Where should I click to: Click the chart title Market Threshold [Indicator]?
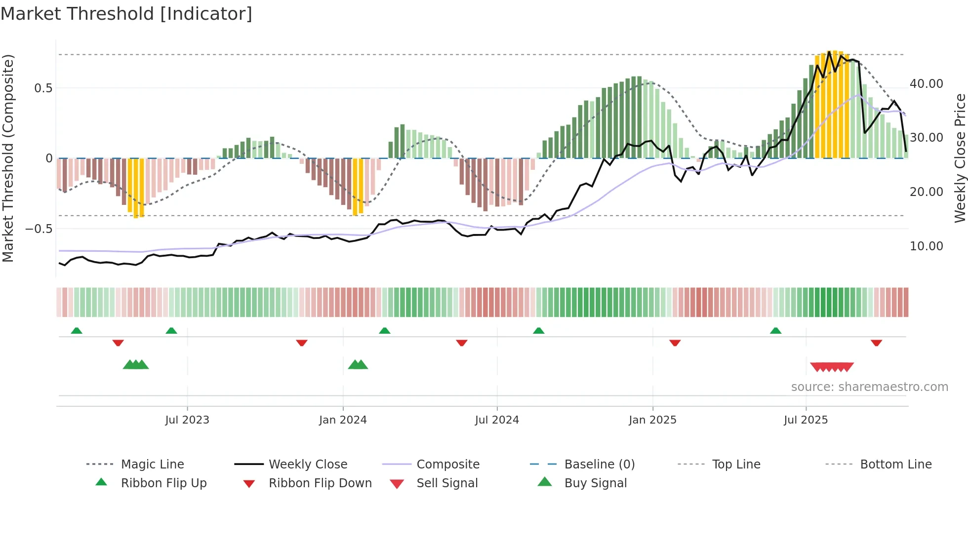pyautogui.click(x=126, y=14)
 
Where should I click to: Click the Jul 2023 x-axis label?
pyautogui.click(x=187, y=420)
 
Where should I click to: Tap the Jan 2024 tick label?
pyautogui.click(x=343, y=420)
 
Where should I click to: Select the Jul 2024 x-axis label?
pyautogui.click(x=497, y=420)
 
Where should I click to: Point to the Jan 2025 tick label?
pyautogui.click(x=652, y=420)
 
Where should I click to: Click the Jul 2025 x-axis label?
pyautogui.click(x=806, y=420)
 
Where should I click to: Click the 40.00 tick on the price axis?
pyautogui.click(x=926, y=84)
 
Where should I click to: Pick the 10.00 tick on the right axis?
pyautogui.click(x=926, y=246)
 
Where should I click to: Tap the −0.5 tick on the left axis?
pyautogui.click(x=39, y=229)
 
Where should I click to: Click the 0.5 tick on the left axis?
pyautogui.click(x=43, y=88)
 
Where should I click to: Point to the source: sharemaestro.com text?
pyautogui.click(x=869, y=387)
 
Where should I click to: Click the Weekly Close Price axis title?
pyautogui.click(x=960, y=158)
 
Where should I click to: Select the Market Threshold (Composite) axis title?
pyautogui.click(x=8, y=158)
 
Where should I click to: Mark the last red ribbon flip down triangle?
pyautogui.click(x=876, y=343)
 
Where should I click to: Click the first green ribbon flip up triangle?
pyautogui.click(x=77, y=331)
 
